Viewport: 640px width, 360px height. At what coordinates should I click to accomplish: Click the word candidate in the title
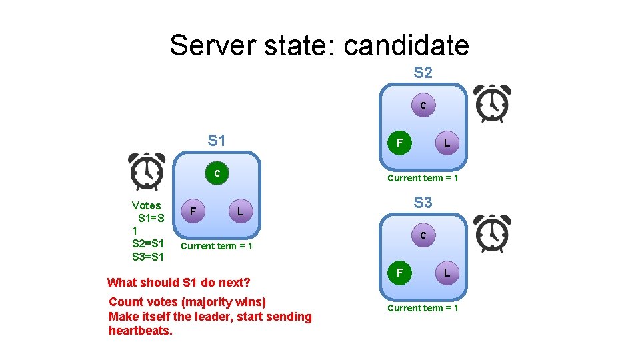click(407, 45)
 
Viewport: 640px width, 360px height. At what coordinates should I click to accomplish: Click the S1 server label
click(217, 141)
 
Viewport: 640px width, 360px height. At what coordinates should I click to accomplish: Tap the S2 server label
click(423, 73)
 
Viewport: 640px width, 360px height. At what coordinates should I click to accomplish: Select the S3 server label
click(423, 203)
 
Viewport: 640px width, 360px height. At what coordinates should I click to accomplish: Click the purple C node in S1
click(217, 173)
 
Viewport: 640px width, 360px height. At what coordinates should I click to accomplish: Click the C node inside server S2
click(423, 105)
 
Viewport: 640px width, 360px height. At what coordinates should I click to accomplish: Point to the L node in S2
click(447, 143)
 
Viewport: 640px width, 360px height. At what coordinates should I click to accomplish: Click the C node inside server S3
click(423, 235)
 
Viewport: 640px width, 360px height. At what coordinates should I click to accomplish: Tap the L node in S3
click(447, 273)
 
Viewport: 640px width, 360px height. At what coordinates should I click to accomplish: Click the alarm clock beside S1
click(147, 172)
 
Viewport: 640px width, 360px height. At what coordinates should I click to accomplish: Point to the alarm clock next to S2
click(491, 103)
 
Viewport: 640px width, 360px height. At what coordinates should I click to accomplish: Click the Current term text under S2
click(423, 178)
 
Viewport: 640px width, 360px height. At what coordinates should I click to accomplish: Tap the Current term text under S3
click(423, 308)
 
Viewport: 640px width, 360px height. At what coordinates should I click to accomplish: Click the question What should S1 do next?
click(178, 282)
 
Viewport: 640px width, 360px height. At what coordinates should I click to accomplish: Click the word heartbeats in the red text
click(140, 331)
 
